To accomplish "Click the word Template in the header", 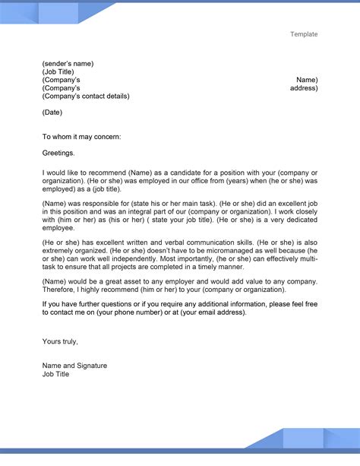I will coord(303,34).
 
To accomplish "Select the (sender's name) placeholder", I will coord(68,63).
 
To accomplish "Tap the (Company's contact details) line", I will coord(86,97).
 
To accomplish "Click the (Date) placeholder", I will coord(52,113).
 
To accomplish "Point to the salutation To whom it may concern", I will coord(81,137).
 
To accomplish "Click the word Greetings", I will coord(58,153).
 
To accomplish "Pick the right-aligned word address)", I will coord(304,88).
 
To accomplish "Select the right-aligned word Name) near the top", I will coord(307,80).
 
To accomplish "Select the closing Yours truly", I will coord(60,341).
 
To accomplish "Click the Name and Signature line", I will coord(74,366).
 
